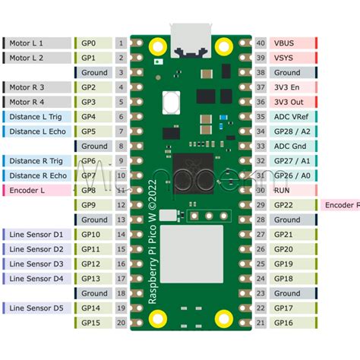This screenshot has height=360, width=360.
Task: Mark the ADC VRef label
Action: (x=293, y=117)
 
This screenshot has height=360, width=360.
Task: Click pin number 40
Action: (x=261, y=43)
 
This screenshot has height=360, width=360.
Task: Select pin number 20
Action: (x=121, y=323)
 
